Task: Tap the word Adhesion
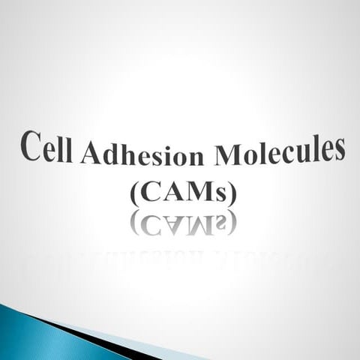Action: click(142, 154)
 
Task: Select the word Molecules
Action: click(279, 151)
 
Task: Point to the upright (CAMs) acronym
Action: click(184, 193)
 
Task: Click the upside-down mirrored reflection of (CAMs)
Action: click(184, 223)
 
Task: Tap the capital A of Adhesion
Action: click(89, 154)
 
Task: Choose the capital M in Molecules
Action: click(228, 154)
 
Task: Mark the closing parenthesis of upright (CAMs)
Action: click(232, 193)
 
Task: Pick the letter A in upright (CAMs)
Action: click(169, 193)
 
